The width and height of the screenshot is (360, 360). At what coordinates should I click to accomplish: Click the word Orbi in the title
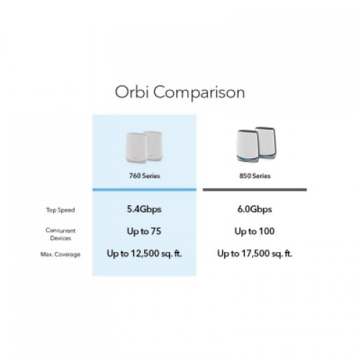131,91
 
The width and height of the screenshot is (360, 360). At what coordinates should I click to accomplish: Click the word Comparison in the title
199,93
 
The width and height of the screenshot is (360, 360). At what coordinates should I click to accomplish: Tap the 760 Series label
145,176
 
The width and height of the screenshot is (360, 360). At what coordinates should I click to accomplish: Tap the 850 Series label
255,176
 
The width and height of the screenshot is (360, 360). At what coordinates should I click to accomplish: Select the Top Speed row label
60,210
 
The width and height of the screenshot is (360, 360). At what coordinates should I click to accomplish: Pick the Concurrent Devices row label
60,234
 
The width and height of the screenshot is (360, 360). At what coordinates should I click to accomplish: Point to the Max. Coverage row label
60,254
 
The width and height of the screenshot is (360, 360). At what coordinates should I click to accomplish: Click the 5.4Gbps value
144,210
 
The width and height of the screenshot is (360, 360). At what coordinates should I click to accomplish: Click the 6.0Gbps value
255,210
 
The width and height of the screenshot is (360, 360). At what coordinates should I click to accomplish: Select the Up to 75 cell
144,231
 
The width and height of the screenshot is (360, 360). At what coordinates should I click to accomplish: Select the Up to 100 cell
254,231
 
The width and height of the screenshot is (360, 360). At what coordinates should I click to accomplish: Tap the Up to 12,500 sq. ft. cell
144,253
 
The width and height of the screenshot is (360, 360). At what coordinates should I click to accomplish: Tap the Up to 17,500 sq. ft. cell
255,253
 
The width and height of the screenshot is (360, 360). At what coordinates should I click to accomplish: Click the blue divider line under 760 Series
145,189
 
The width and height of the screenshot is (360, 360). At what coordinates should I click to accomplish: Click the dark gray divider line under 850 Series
255,189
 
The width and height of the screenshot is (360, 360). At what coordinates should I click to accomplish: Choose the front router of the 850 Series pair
248,145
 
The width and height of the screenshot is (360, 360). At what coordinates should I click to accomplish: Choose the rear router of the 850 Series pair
266,142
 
